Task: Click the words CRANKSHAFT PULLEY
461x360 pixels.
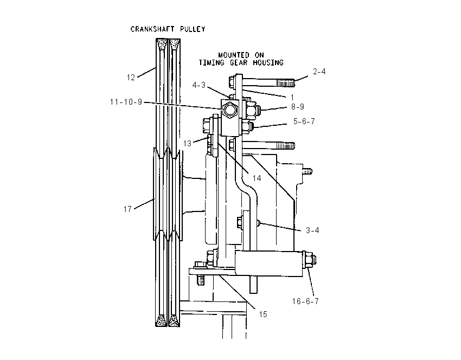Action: (x=168, y=29)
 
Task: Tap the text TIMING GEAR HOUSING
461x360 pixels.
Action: (x=241, y=62)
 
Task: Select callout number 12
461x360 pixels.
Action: (x=131, y=78)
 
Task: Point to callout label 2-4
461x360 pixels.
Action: (x=319, y=72)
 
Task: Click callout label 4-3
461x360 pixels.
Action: (x=199, y=85)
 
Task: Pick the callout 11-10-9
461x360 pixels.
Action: (x=126, y=102)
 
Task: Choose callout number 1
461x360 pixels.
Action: (x=292, y=97)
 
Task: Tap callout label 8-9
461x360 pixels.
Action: (x=298, y=107)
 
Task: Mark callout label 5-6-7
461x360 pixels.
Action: (x=304, y=121)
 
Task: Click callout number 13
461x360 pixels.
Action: (x=187, y=144)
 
